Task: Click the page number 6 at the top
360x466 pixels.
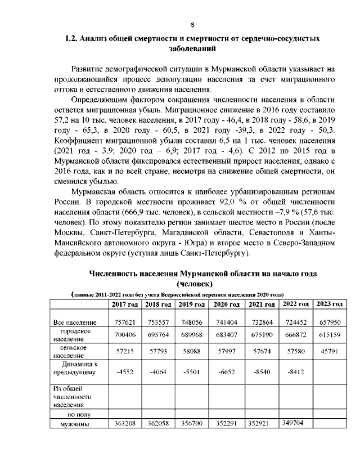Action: (x=192, y=25)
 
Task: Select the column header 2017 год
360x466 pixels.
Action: (x=124, y=304)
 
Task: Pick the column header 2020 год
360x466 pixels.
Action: (x=227, y=304)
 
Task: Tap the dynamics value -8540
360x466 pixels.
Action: (x=262, y=371)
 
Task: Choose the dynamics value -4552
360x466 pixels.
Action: (x=124, y=371)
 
